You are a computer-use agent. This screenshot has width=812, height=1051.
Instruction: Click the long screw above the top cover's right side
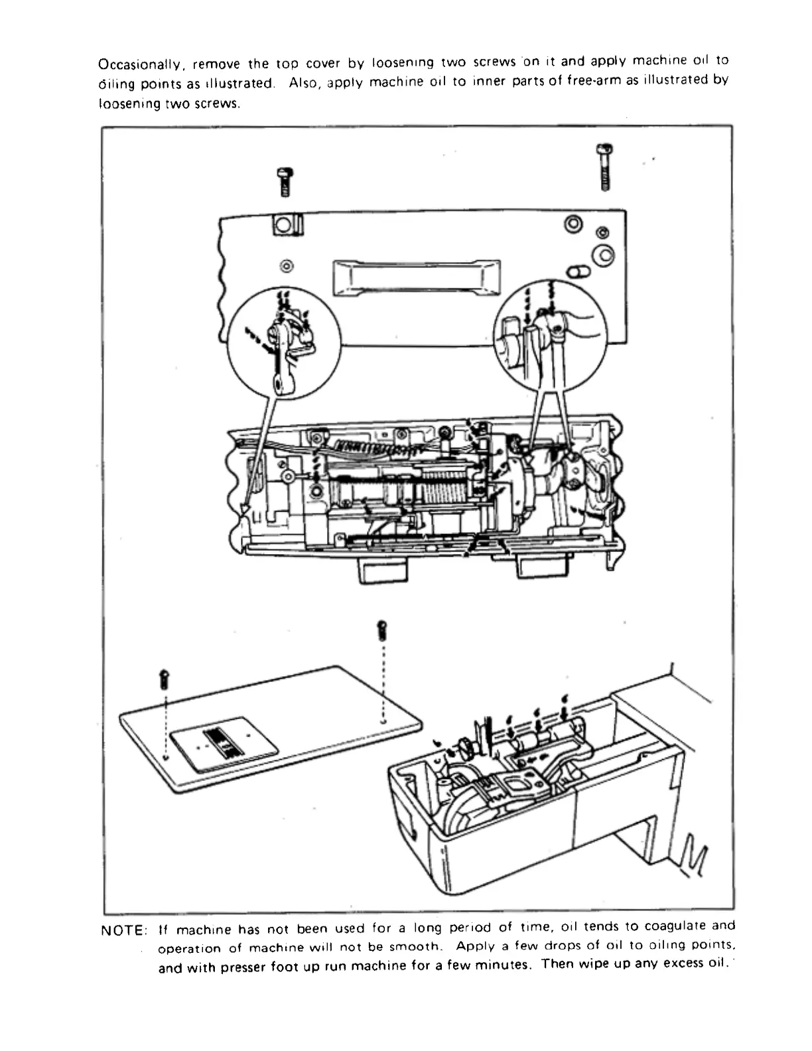[x=604, y=167]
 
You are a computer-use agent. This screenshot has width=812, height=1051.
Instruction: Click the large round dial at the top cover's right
[x=602, y=255]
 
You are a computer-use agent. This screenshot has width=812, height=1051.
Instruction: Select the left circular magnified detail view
[x=284, y=344]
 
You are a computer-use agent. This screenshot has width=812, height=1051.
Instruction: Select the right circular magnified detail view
[x=550, y=336]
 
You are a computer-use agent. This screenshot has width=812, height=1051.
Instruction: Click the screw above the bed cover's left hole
[x=165, y=679]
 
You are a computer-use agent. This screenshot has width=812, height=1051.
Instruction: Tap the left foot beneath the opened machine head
[x=383, y=569]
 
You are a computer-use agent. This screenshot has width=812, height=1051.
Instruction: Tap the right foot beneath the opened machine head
[x=541, y=566]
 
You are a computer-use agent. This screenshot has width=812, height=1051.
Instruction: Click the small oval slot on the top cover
[x=577, y=271]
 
